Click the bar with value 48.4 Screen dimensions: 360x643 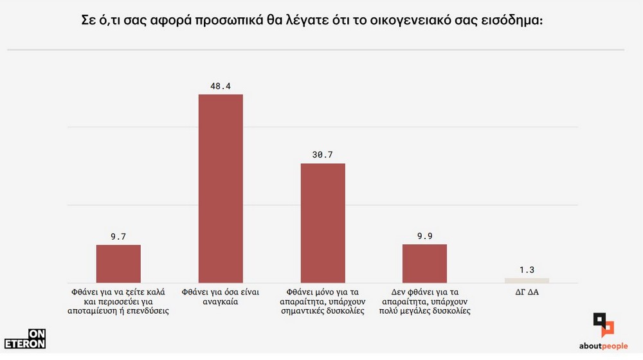pyautogui.click(x=221, y=188)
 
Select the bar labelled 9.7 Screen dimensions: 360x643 pyautogui.click(x=118, y=264)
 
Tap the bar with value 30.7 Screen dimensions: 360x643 pyautogui.click(x=323, y=223)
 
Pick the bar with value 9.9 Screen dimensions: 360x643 pyautogui.click(x=424, y=264)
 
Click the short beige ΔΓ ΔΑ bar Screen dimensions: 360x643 pyautogui.click(x=527, y=280)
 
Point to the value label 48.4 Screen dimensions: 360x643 pyautogui.click(x=221, y=85)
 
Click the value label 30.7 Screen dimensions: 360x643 pyautogui.click(x=323, y=154)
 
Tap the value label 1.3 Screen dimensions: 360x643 pyautogui.click(x=527, y=269)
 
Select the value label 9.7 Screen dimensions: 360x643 pyautogui.click(x=118, y=236)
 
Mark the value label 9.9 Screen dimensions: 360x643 pyautogui.click(x=424, y=236)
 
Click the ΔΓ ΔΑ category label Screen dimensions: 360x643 pyautogui.click(x=527, y=292)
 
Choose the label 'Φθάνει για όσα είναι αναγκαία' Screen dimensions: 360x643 pyautogui.click(x=221, y=296)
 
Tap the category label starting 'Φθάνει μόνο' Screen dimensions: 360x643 pyautogui.click(x=323, y=301)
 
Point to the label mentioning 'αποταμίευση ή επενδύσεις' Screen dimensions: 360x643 pyautogui.click(x=118, y=301)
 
